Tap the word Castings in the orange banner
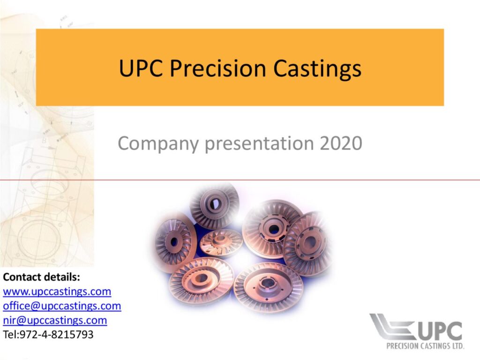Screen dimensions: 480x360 [317, 68]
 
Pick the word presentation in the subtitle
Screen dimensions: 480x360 [259, 143]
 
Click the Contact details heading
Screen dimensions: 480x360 [41, 277]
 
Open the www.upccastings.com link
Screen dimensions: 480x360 [57, 292]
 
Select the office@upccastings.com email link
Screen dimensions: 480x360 [62, 306]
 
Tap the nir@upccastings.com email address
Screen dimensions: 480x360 [55, 320]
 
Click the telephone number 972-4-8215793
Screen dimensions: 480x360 [56, 334]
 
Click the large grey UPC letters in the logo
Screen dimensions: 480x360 [440, 331]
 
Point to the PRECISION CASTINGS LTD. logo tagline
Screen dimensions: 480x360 [425, 346]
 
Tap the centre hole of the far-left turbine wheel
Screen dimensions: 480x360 [174, 242]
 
